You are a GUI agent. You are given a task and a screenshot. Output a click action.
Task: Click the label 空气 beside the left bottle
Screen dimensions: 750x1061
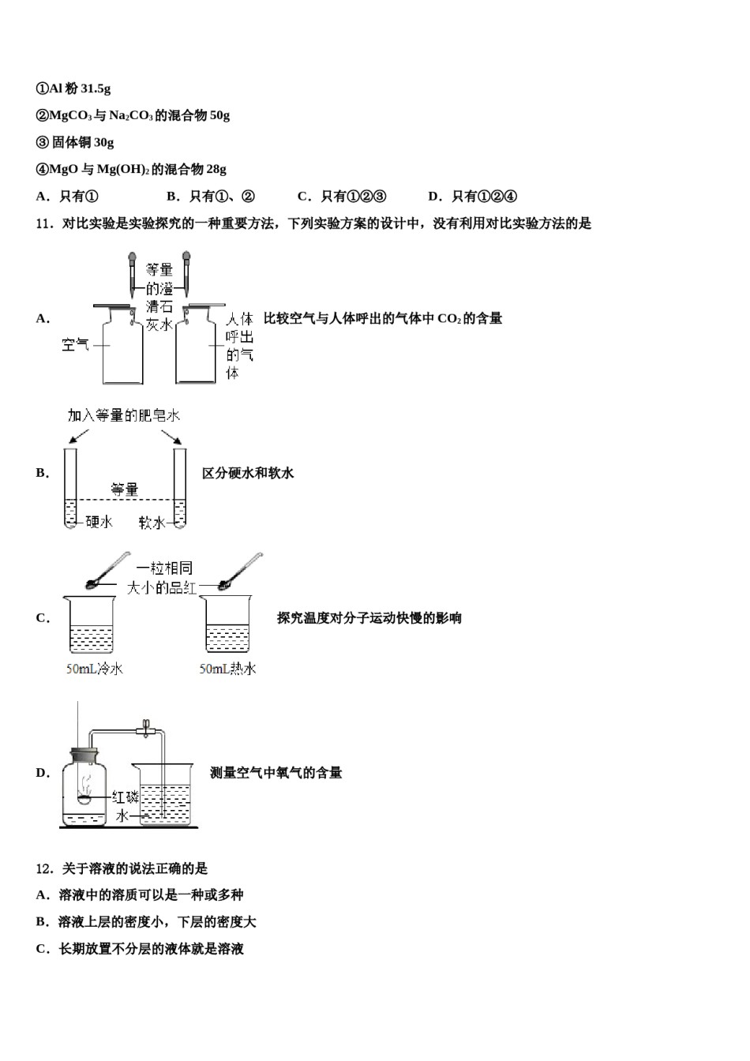coord(75,344)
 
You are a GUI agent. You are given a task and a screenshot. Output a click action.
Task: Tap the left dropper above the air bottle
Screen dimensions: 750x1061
coord(133,275)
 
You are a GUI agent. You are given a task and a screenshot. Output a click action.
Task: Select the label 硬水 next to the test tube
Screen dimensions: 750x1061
coord(99,522)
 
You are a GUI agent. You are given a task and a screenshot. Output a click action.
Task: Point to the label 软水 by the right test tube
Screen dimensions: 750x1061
coord(152,522)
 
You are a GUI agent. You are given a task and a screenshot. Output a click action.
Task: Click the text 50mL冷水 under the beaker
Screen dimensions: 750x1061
coord(95,669)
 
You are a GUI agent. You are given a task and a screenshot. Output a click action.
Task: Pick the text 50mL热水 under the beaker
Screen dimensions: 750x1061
coord(228,669)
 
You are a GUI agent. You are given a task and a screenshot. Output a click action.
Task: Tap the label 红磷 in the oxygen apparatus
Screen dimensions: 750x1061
coord(125,797)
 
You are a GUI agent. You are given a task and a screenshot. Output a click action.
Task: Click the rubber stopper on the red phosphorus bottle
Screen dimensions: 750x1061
coord(84,755)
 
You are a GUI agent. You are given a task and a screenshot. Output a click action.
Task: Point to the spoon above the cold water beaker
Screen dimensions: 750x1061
coord(108,570)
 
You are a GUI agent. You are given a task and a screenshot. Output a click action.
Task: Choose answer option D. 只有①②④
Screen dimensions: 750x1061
coord(472,196)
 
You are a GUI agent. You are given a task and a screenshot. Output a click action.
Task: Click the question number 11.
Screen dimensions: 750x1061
coord(44,223)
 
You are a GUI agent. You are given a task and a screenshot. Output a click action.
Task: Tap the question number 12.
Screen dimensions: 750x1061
coord(44,868)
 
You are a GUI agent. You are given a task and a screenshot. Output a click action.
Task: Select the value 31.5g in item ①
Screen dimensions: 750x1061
coord(96,88)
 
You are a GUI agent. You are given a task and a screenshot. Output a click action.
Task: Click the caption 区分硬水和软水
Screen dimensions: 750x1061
coord(248,473)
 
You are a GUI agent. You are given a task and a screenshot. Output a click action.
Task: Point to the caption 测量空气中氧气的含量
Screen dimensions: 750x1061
coord(276,773)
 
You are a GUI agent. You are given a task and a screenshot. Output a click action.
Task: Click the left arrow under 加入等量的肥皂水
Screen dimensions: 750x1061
coord(79,437)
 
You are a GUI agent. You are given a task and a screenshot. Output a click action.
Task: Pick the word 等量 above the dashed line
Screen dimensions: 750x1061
coord(125,489)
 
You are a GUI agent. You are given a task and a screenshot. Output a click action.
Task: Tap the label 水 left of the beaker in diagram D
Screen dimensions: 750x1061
coord(122,815)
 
